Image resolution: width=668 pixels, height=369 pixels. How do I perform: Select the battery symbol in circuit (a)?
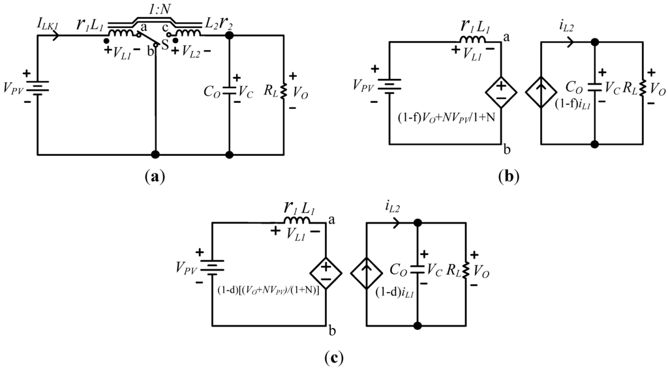tap(38, 86)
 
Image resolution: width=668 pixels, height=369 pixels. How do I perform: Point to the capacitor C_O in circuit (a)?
tap(229, 92)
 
